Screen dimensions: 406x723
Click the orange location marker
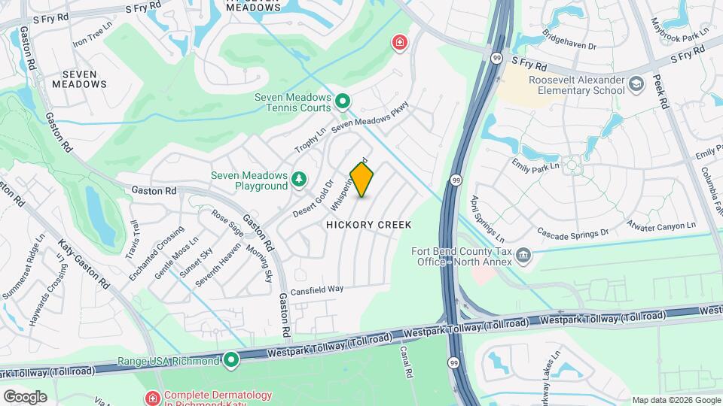pyautogui.click(x=362, y=180)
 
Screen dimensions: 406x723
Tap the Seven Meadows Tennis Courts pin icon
pyautogui.click(x=342, y=100)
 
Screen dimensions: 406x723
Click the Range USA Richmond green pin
pyautogui.click(x=230, y=360)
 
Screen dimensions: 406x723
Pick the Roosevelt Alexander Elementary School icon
pyautogui.click(x=637, y=83)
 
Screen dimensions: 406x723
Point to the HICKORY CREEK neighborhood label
pyautogui.click(x=368, y=225)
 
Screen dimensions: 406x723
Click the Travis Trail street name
pyautogui.click(x=133, y=240)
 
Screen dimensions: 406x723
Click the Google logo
pyautogui.click(x=25, y=396)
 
